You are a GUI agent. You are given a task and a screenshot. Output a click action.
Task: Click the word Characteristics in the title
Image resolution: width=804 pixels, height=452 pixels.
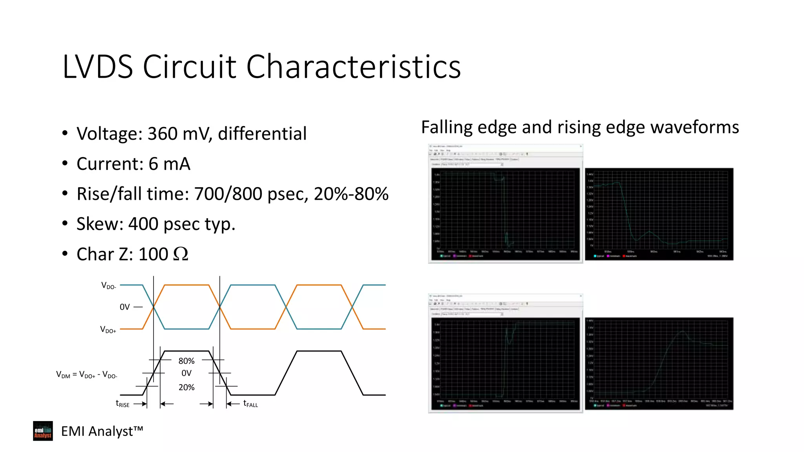353,67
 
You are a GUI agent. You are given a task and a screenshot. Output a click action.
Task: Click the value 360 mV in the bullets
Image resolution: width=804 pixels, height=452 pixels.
180,134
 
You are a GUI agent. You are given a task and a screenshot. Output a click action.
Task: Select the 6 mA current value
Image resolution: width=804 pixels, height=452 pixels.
169,164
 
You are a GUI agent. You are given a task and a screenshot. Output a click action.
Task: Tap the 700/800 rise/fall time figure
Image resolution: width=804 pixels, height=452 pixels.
228,194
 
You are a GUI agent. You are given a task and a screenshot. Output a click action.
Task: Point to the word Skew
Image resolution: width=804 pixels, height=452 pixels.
100,224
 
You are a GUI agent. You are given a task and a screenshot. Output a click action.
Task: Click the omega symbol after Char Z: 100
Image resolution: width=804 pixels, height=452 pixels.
181,254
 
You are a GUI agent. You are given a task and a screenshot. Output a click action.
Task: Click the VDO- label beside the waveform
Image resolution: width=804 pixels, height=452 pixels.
108,286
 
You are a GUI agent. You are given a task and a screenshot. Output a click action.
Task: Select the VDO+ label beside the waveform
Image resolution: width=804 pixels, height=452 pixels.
108,330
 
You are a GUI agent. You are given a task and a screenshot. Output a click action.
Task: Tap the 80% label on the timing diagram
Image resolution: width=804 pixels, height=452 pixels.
186,361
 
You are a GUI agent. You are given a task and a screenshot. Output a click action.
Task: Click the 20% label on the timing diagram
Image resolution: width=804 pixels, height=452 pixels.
186,387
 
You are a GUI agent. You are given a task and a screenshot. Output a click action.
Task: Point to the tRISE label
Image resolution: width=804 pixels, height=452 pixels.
122,404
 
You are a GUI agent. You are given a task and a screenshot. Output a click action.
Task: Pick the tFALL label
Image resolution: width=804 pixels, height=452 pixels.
250,404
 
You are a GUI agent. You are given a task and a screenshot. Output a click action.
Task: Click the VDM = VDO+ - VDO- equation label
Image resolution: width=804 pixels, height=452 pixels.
86,375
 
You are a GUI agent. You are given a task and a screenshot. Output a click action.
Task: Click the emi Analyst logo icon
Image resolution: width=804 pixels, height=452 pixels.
43,431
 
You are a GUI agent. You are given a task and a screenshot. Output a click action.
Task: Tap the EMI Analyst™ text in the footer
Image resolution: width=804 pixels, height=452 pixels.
102,431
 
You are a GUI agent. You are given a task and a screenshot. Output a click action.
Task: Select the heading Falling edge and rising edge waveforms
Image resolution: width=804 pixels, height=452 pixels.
580,128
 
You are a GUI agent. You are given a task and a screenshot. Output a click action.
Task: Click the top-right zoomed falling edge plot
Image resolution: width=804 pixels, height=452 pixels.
659,214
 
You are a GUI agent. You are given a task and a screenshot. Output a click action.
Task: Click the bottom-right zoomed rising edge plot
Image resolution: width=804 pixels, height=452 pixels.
659,363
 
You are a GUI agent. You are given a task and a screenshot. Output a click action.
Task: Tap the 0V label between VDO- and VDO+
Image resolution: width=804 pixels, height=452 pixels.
124,307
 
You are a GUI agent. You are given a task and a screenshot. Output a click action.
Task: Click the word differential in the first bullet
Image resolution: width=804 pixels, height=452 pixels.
262,134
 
